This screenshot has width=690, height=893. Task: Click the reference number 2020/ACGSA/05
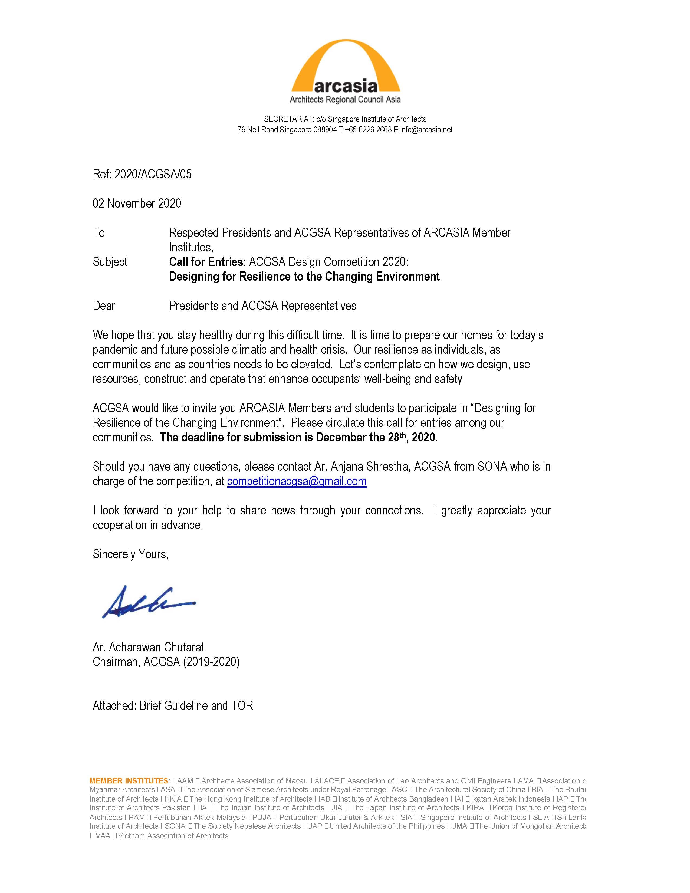point(153,175)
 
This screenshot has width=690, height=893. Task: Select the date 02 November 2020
point(137,203)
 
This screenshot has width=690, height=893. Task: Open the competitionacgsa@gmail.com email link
point(297,481)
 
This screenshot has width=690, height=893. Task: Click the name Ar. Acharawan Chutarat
point(148,647)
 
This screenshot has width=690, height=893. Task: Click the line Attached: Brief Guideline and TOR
point(173,706)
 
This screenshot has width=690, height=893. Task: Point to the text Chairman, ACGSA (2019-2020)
point(166,662)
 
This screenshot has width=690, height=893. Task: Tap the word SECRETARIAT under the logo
point(289,119)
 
